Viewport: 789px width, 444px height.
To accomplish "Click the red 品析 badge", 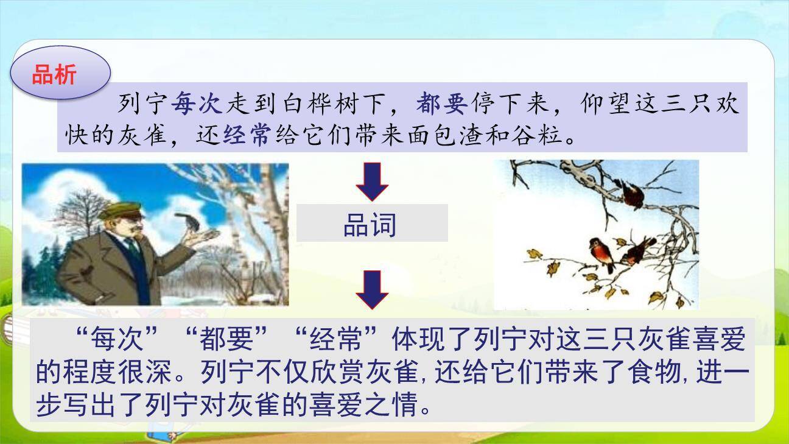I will click(60, 74).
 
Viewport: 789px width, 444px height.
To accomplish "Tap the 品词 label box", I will click(371, 224).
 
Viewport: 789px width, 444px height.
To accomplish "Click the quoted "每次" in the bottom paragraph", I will click(116, 339).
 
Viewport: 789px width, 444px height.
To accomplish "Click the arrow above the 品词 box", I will click(372, 181).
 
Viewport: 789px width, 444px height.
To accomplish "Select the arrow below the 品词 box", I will click(372, 289).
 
